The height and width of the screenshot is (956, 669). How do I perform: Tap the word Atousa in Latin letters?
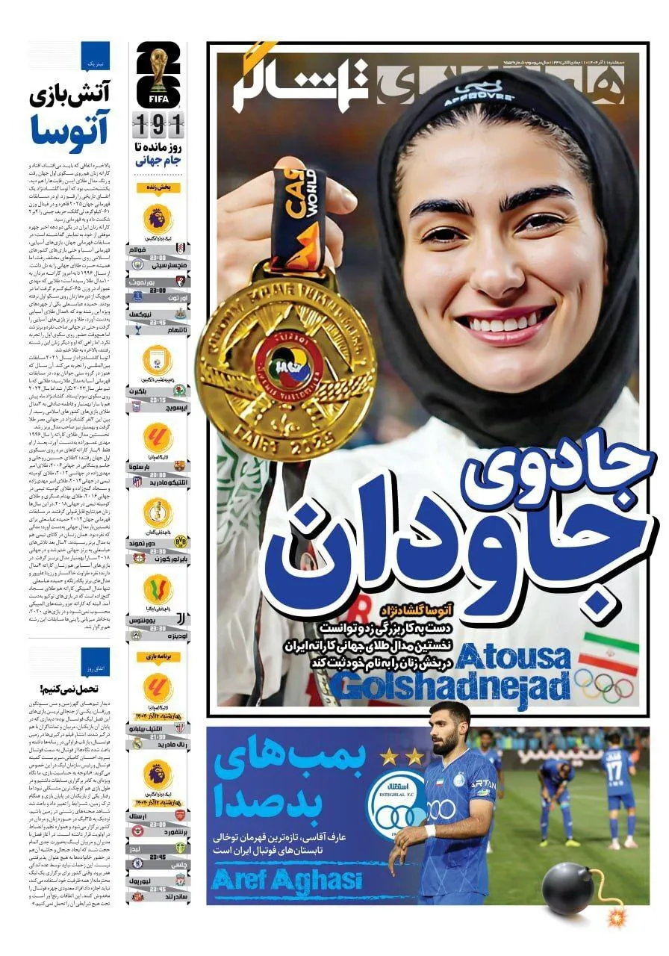(x=514, y=657)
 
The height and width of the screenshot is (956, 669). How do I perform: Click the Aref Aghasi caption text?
(x=287, y=879)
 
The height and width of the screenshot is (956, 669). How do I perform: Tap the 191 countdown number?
(x=158, y=121)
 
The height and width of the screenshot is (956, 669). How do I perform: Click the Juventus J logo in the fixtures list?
(x=180, y=619)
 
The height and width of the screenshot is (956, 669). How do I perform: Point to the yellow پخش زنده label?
(x=158, y=187)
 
